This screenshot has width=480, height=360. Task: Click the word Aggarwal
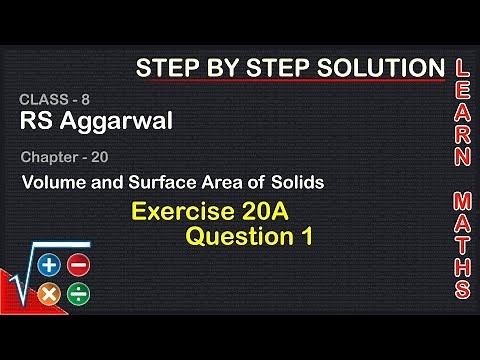tap(115, 121)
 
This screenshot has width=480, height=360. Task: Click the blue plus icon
tap(49, 265)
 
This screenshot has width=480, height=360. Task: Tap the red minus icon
tap(78, 265)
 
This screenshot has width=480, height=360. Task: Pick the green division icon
tap(78, 294)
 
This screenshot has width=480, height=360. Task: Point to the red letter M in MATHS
tap(461, 197)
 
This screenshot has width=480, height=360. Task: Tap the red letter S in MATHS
tap(461, 290)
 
